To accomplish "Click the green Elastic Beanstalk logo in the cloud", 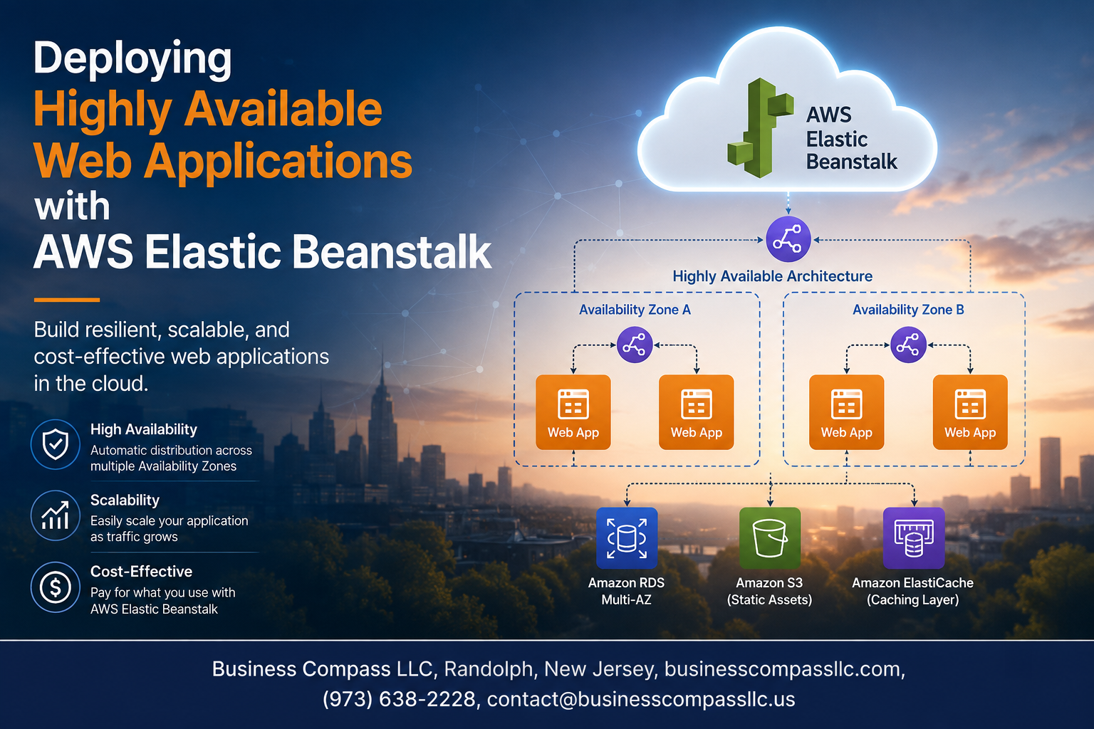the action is point(759,128).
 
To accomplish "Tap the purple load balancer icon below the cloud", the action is point(788,239).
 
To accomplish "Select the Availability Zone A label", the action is point(635,310).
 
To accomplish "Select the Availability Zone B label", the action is point(908,310).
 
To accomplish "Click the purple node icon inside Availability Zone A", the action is point(635,345).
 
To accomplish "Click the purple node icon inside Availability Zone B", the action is point(908,345).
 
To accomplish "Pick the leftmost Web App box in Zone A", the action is point(573,412).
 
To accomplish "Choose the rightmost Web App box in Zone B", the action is point(970,412).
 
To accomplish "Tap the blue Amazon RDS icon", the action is point(627,538).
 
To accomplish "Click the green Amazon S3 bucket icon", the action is point(770,538).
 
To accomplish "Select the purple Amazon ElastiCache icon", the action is point(914,538).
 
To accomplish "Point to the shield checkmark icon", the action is point(55,444).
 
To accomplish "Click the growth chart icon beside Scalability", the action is point(55,515).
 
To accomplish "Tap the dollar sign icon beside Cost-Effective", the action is point(55,587).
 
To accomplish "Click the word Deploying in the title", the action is point(132,60).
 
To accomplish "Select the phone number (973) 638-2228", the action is point(399,699).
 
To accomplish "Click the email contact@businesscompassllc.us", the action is point(641,699).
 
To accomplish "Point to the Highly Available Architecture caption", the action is point(773,276).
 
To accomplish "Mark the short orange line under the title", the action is point(67,300).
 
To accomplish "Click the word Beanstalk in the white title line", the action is point(392,252).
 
